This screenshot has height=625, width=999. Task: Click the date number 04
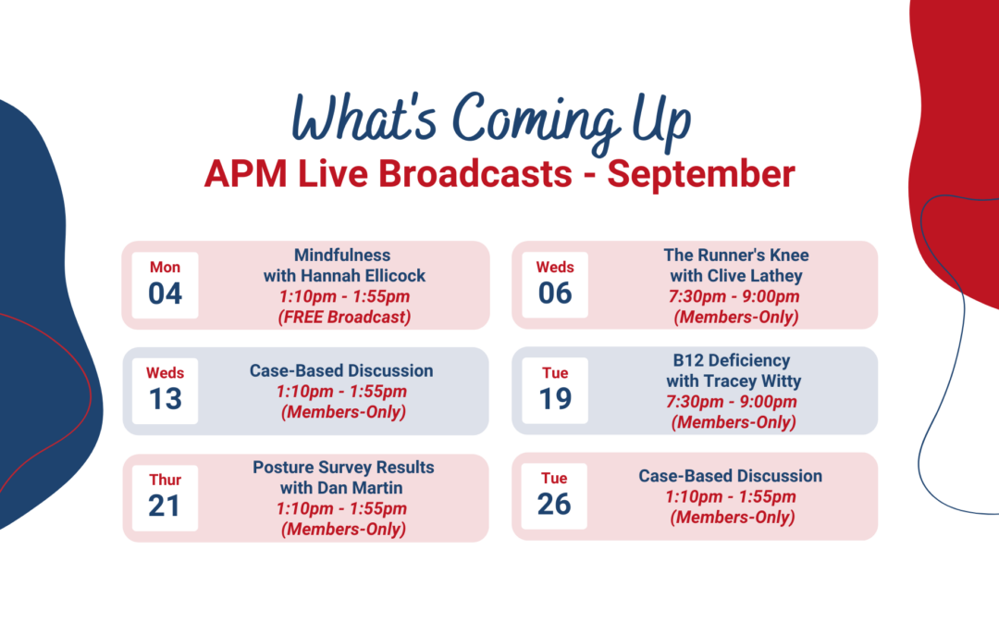[x=165, y=294]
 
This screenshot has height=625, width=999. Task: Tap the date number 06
[x=555, y=294]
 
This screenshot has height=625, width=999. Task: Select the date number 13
[x=165, y=399]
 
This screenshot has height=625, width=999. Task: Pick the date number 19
[x=555, y=399]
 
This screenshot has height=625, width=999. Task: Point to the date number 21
[x=165, y=506]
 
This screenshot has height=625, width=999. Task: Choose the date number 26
[x=554, y=505]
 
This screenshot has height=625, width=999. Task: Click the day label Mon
[x=165, y=268]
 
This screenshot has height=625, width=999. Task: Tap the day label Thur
[x=165, y=480]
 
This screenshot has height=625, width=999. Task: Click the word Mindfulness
[x=342, y=256]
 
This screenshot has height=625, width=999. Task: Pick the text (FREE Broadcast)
[x=344, y=317]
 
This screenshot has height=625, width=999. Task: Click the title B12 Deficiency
[x=732, y=360]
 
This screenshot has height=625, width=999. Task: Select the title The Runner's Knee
[x=736, y=256]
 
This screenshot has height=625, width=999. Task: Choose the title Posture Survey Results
[x=343, y=468]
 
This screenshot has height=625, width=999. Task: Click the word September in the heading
[x=701, y=174]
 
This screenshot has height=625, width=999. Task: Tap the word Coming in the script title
[x=536, y=119]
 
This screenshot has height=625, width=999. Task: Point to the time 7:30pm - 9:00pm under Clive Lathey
[x=734, y=296]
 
